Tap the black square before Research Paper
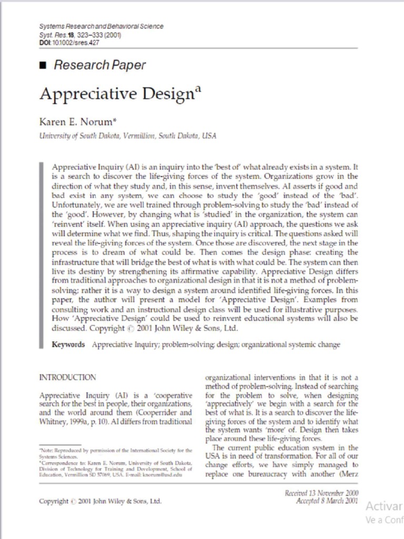43,65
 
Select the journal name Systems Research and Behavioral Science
102,26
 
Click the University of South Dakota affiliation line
128,136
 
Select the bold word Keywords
68,345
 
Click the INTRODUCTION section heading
68,377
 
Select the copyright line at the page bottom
100,502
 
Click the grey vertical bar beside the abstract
41,255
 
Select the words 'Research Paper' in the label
99,65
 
